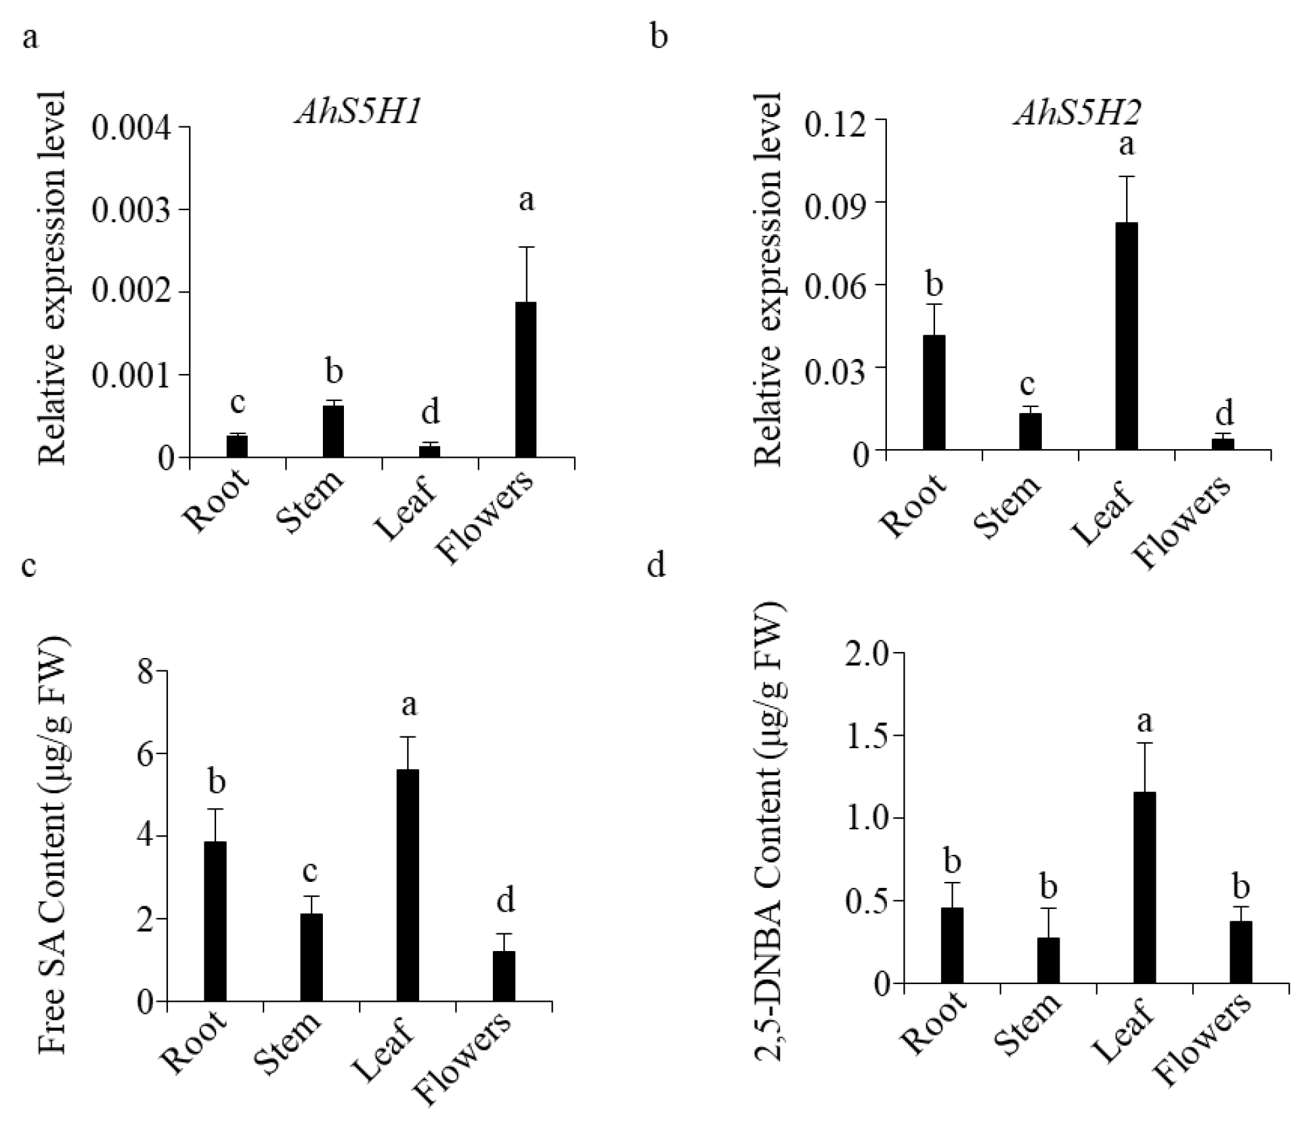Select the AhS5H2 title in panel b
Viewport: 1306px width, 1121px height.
[x=1077, y=114]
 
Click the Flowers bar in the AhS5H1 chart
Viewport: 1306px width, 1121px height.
[x=526, y=379]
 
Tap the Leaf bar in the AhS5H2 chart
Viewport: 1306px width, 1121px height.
[x=1126, y=336]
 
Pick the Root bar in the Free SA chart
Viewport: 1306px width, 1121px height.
[x=215, y=921]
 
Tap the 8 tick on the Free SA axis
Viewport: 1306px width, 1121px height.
[x=146, y=672]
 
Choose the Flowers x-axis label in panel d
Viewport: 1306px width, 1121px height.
[x=1205, y=1047]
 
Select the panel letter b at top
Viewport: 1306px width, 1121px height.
[x=658, y=37]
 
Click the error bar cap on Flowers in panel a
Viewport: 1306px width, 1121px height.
[x=526, y=247]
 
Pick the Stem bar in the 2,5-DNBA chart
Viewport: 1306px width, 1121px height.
[x=1048, y=960]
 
